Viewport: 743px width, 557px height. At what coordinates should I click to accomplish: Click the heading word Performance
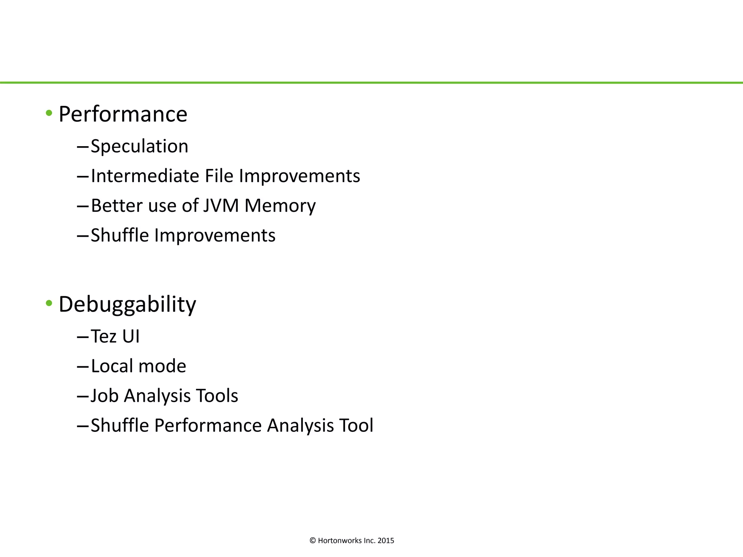[123, 114]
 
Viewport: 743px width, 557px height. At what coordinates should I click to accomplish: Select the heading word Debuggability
[127, 304]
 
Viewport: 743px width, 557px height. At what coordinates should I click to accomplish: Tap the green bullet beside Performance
[49, 113]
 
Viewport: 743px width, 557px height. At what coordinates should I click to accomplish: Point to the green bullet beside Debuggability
[49, 303]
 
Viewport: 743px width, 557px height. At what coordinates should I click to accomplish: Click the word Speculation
[140, 147]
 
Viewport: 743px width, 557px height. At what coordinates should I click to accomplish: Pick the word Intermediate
[145, 176]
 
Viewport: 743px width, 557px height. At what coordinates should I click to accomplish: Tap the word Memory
[280, 206]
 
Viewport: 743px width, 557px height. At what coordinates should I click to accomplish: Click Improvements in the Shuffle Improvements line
[215, 235]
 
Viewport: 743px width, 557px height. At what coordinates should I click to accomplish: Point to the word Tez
[103, 336]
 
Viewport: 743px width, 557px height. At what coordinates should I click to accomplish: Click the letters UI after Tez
[131, 336]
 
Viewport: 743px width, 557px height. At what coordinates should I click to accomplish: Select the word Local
[112, 366]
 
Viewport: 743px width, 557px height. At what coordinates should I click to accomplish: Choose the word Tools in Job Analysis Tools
[217, 396]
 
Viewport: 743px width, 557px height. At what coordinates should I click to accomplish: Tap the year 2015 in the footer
[386, 541]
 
